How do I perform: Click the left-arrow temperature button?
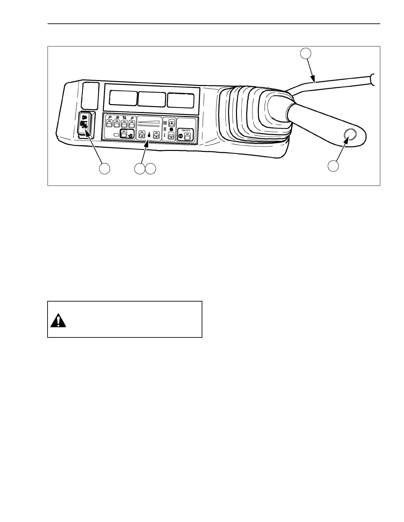[141, 134]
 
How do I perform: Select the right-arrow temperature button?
[156, 134]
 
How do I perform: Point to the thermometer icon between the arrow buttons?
[149, 135]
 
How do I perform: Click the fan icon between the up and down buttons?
[171, 130]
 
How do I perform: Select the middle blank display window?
[152, 99]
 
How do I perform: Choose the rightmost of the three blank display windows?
[181, 100]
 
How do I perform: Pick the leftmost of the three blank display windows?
[123, 98]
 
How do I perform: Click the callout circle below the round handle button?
[333, 166]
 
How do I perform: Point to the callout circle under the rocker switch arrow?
[105, 168]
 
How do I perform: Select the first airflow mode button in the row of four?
[109, 124]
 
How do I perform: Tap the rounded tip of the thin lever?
[373, 79]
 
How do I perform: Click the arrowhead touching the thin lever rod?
[314, 80]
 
